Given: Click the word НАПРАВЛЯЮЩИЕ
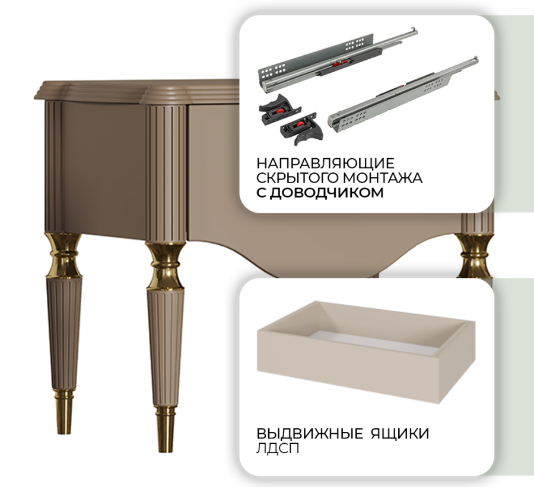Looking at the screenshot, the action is click(x=325, y=164).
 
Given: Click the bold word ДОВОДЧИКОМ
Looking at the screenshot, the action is click(x=326, y=193).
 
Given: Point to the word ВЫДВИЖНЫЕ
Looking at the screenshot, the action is click(x=310, y=434).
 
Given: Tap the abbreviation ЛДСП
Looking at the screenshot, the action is click(x=278, y=448).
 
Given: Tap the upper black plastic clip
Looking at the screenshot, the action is click(x=280, y=108).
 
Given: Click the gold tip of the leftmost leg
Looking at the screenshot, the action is click(x=63, y=412).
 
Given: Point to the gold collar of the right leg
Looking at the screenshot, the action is click(x=475, y=255).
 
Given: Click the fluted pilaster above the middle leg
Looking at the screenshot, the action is click(x=166, y=174).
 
